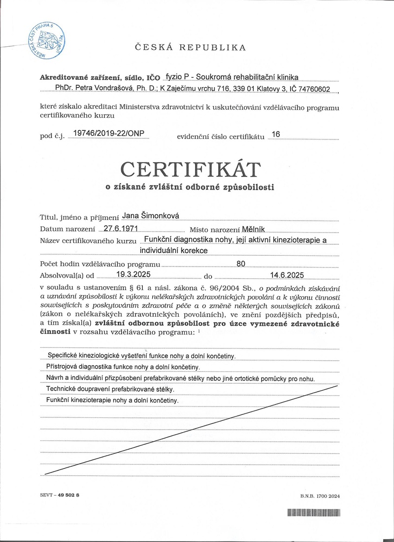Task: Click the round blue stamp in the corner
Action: tap(46, 39)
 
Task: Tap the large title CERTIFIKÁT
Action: tap(190, 169)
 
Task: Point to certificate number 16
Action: tap(276, 134)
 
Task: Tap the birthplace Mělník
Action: tap(254, 229)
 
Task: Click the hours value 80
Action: tap(241, 264)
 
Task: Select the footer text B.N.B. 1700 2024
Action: tap(320, 496)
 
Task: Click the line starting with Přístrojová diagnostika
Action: tap(122, 367)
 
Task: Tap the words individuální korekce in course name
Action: tap(173, 250)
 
